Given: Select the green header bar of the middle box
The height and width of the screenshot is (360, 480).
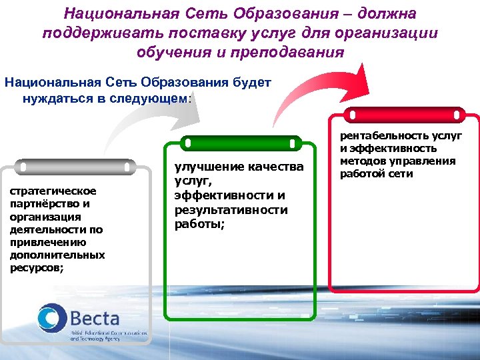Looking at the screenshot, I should pos(241,143).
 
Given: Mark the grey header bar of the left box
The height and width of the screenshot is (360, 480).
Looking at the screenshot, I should pos(75,165).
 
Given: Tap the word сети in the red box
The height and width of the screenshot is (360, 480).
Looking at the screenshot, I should pos(401,173).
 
